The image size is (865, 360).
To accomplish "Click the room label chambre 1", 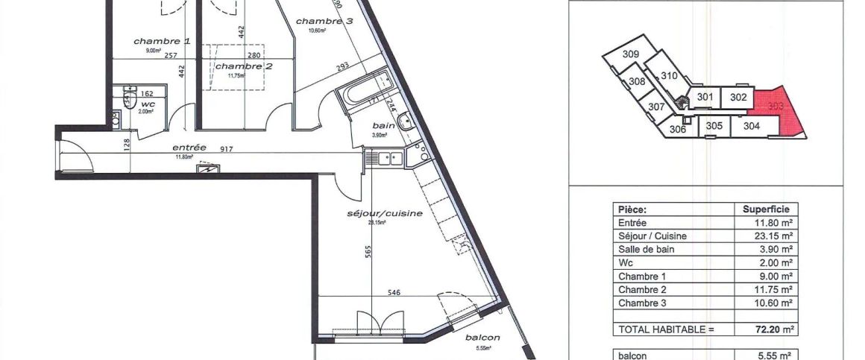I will [162, 41].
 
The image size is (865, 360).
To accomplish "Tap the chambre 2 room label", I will [244, 66].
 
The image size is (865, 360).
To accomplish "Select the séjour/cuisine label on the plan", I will [385, 213].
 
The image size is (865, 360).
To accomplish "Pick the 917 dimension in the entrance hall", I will [227, 149].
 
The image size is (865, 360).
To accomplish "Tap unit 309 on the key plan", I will [631, 54].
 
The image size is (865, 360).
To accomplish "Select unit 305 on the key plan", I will [714, 126].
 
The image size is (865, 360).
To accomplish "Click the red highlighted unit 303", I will [776, 109].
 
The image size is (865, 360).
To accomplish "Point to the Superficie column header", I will [766, 209].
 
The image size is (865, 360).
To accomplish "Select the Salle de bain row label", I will [646, 250].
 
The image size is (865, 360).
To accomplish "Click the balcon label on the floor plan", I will [482, 338].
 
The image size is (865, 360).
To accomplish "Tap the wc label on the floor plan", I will [147, 104].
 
